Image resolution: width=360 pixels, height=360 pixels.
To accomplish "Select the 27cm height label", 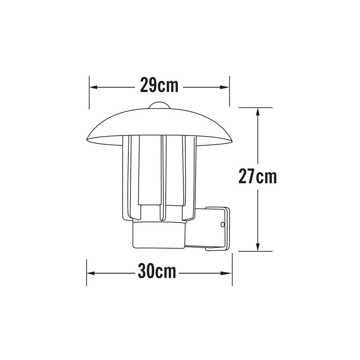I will (x=257, y=177).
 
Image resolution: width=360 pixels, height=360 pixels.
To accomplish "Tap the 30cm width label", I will (x=157, y=272).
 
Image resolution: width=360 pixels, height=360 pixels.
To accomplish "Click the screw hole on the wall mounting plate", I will (x=222, y=225).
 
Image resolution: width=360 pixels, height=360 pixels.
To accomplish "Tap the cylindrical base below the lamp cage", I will (x=159, y=235).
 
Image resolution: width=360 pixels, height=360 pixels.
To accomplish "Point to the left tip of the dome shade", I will (x=88, y=140).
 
